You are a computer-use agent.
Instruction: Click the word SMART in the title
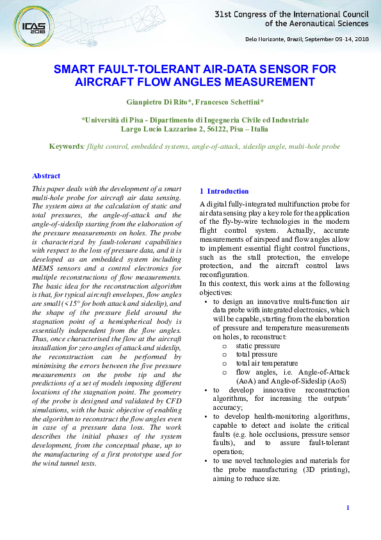74,69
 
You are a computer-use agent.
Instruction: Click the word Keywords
67,146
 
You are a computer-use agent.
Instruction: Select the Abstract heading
46,176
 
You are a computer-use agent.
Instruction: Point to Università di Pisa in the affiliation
114,120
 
